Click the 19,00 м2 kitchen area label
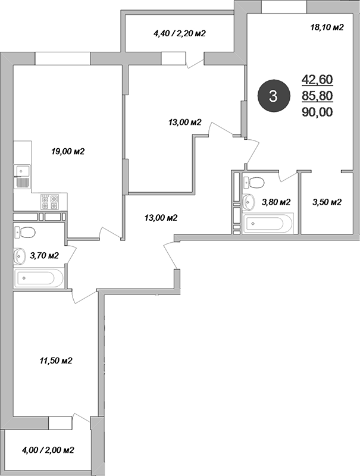coord(68,151)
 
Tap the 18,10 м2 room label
coord(327,27)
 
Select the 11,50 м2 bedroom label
coord(55,361)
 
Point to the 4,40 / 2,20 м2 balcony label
coord(180,33)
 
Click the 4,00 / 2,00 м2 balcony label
coord(48,450)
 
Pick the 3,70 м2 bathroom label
coord(44,256)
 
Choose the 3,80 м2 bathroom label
coord(276,202)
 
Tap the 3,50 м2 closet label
coord(327,202)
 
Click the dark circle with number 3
coord(273,96)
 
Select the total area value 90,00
coord(317,112)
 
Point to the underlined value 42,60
coord(317,80)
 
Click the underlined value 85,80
coord(317,96)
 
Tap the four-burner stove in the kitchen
coord(49,202)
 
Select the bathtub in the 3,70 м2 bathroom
coord(38,277)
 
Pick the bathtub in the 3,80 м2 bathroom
coord(268,224)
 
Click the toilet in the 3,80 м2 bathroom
coord(253,182)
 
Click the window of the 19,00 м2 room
coord(63,58)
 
